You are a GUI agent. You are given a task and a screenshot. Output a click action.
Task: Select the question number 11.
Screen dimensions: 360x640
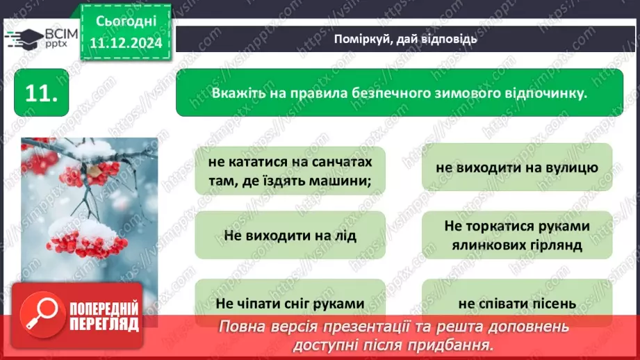tap(41, 94)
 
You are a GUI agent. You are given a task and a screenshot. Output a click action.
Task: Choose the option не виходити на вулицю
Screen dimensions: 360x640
tap(517, 167)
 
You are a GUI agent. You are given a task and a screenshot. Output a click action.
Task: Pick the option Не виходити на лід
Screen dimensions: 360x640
tap(290, 235)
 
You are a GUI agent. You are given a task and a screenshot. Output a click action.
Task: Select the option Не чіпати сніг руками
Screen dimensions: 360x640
tap(290, 303)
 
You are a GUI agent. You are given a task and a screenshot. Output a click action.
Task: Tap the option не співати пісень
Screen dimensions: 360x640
tap(517, 303)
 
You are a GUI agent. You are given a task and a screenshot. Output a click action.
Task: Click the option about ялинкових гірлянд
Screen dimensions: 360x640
tap(517, 235)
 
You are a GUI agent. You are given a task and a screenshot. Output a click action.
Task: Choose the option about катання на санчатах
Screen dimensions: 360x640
tap(290, 171)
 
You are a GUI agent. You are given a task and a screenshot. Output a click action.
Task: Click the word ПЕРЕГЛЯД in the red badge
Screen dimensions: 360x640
tap(104, 323)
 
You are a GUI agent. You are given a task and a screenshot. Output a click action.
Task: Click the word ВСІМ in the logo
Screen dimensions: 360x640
tap(59, 33)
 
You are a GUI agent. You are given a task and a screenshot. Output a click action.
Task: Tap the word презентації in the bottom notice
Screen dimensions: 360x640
tap(393, 326)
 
